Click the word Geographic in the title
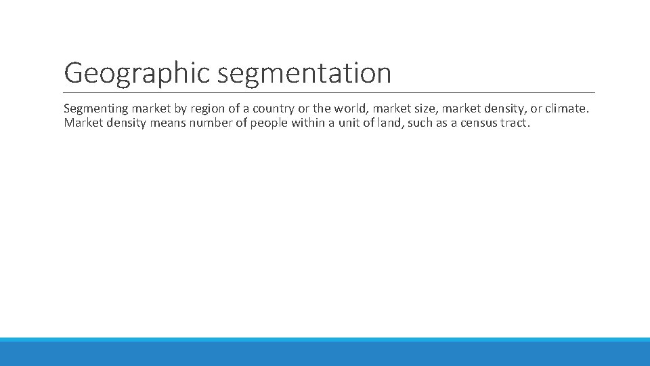tap(137, 73)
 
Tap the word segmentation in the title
tap(305, 73)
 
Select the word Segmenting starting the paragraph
tap(95, 108)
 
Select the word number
tap(207, 123)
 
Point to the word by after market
tap(180, 108)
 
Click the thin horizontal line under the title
tap(329, 92)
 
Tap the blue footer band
tap(325, 352)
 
